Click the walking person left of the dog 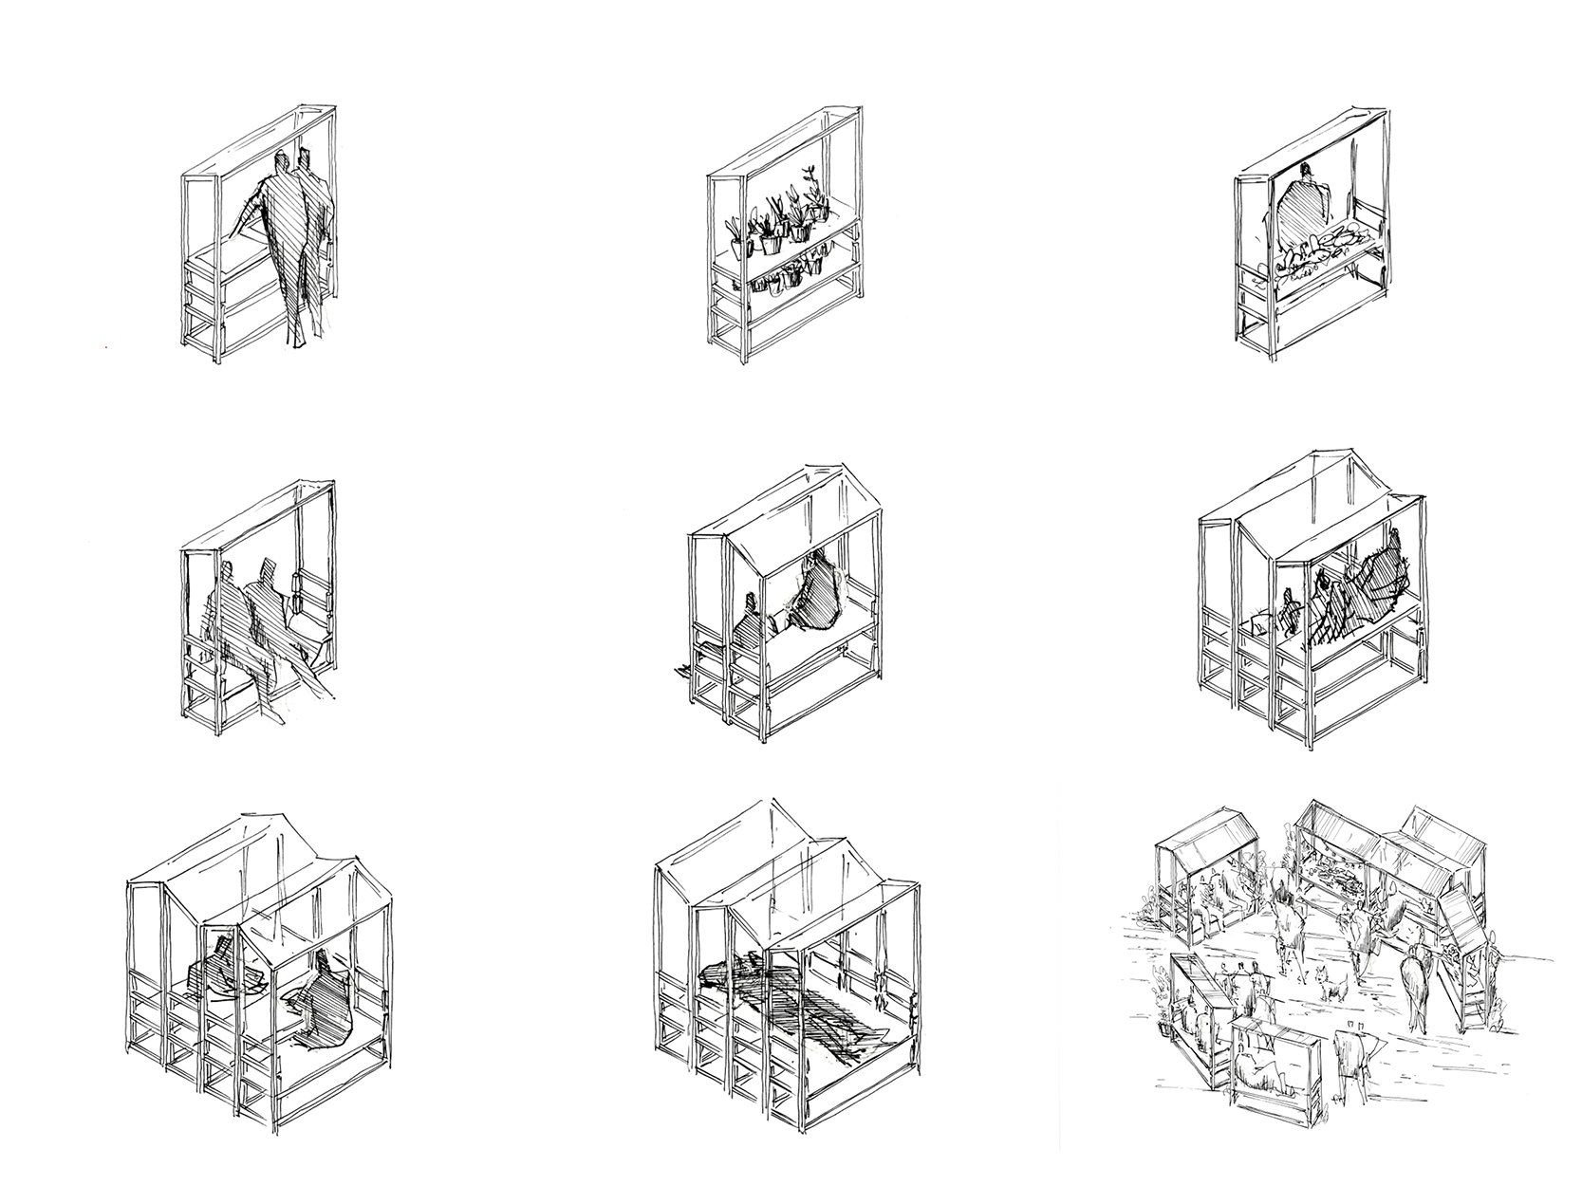[x=1286, y=925]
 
